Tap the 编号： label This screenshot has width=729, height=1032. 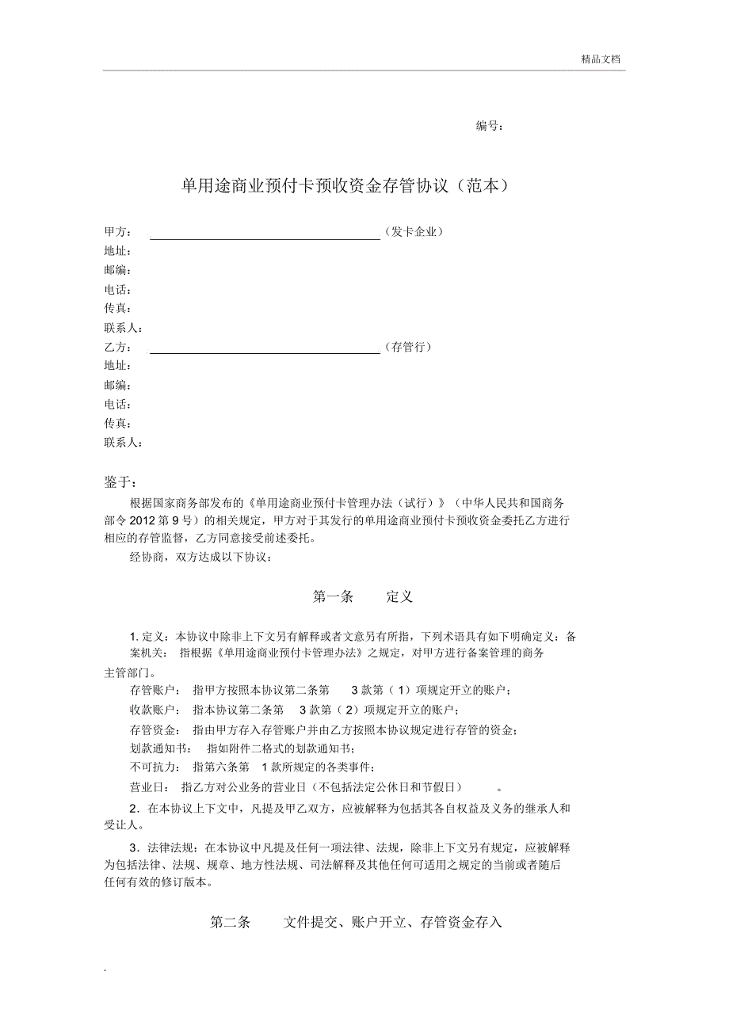489,126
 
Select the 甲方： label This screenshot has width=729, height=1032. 117,232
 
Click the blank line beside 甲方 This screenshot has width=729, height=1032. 265,234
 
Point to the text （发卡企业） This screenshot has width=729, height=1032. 413,232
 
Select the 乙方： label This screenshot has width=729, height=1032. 117,348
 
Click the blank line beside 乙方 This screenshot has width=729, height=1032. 265,350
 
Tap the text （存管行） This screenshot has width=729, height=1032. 407,348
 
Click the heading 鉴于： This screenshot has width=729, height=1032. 120,483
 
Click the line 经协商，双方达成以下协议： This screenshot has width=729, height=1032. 200,558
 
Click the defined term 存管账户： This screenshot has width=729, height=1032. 155,691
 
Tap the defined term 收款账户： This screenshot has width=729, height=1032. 155,710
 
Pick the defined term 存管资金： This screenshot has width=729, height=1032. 155,729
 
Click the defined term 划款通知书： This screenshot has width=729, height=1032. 161,748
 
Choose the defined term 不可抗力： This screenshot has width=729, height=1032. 155,767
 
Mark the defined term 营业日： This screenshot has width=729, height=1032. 150,787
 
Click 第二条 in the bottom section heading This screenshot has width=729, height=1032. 230,923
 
